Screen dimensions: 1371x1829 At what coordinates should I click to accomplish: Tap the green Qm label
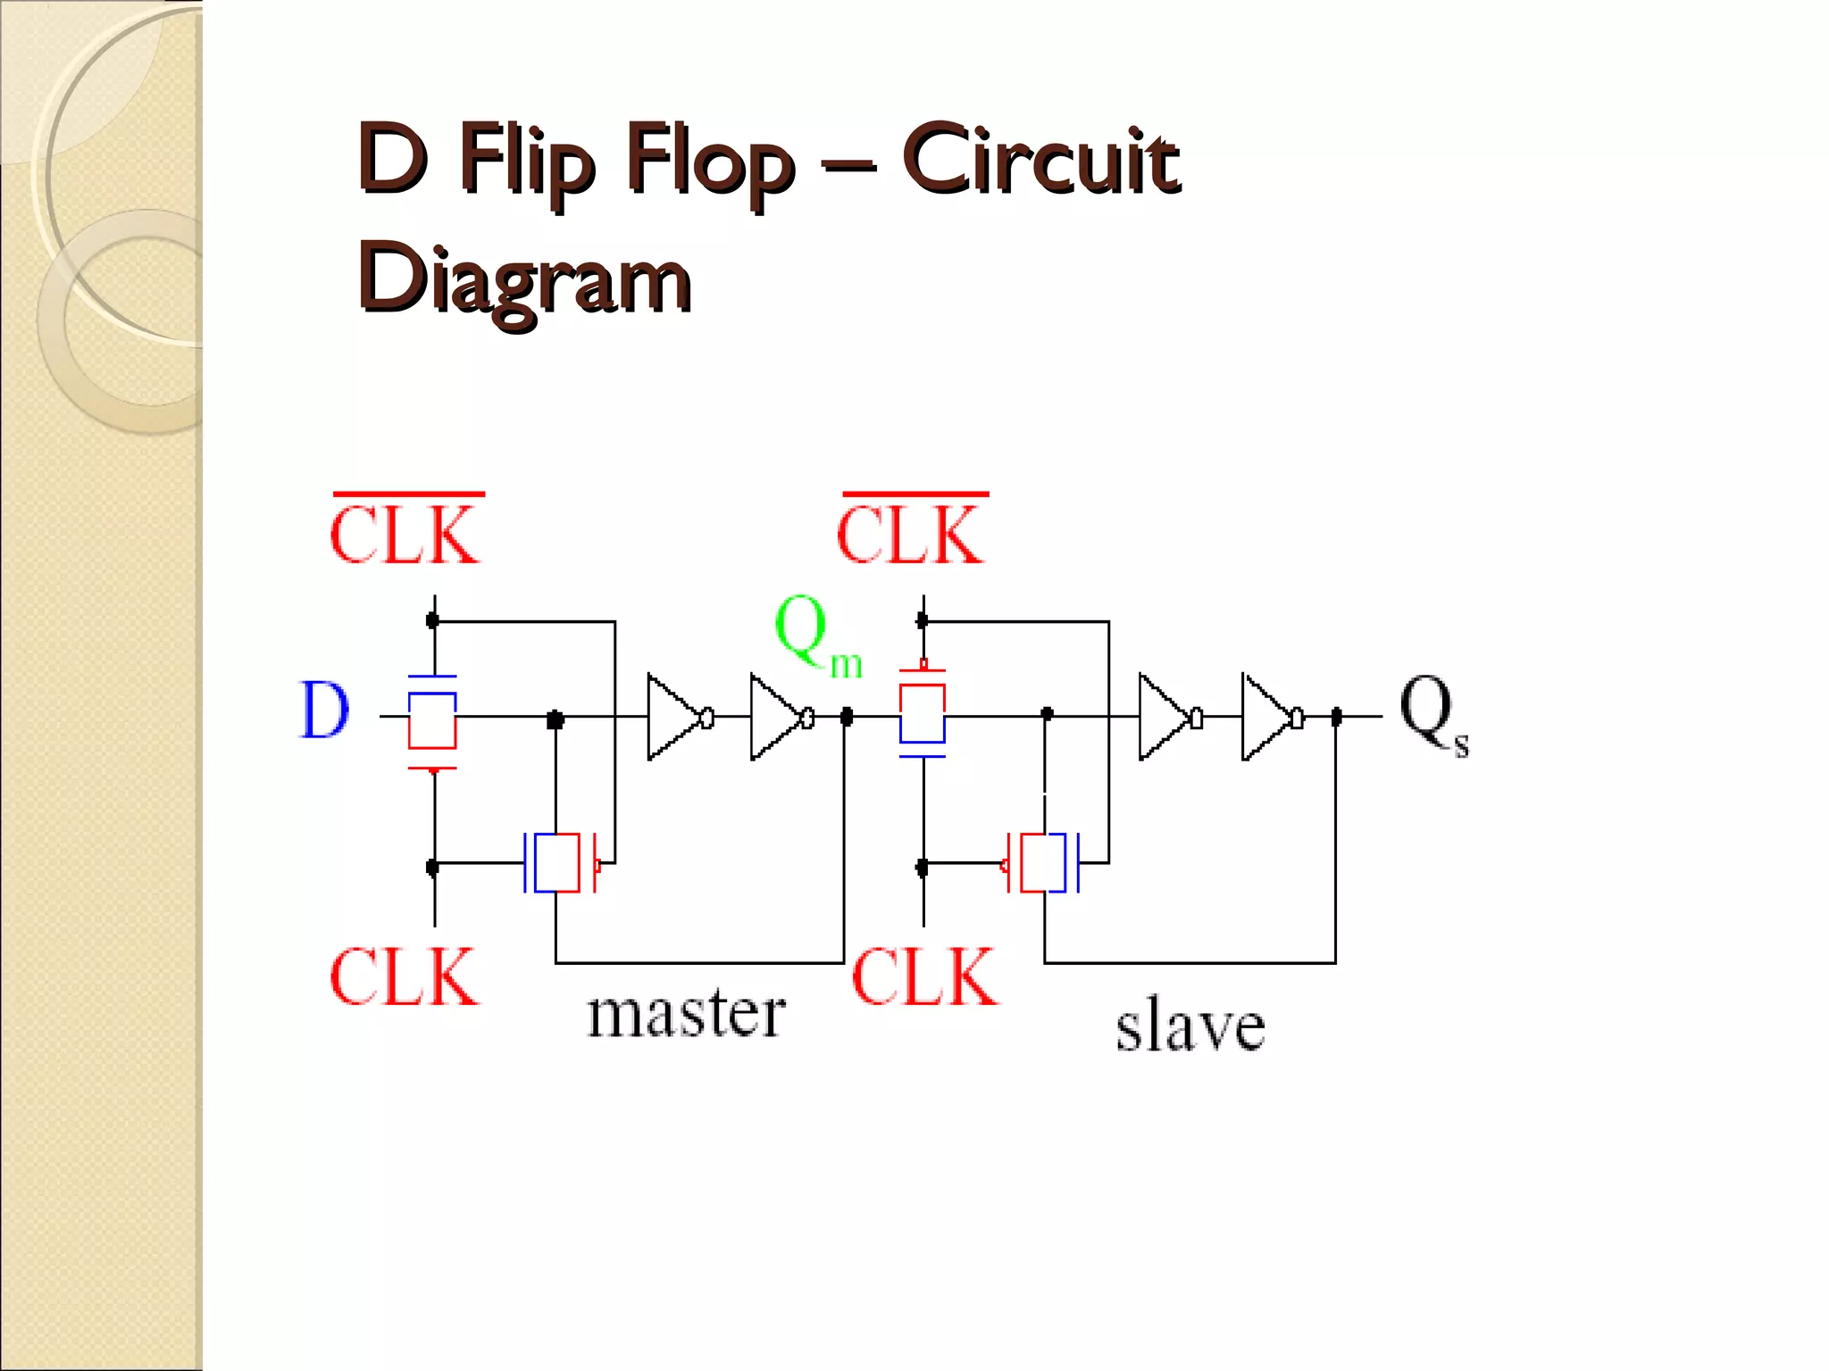coord(814,636)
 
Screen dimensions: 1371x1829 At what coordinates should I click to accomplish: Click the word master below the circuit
coord(686,1015)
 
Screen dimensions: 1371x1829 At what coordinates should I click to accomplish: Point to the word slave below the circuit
coord(1190,1026)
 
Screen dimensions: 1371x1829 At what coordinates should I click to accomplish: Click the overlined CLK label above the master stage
coord(406,533)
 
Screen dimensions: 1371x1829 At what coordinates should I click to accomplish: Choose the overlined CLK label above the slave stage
coord(912,533)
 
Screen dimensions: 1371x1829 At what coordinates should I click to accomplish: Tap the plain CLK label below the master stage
coord(404,977)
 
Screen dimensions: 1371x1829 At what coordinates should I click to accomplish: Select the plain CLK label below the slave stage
coord(925,977)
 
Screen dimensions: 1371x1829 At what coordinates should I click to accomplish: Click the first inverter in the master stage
coord(677,717)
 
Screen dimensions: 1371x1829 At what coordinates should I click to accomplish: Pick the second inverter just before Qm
coord(780,717)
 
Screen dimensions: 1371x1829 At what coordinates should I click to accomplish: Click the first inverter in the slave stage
coord(1167,717)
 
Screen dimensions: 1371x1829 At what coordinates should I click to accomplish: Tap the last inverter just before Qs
coord(1270,717)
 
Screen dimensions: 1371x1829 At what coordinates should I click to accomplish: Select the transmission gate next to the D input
coord(432,719)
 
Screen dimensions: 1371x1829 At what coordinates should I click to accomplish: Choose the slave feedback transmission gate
coord(1043,862)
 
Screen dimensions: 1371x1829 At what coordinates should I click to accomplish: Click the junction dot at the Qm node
coord(847,716)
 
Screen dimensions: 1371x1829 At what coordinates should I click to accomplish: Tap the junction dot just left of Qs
coord(1336,716)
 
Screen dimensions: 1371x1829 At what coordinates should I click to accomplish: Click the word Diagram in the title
coord(524,278)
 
